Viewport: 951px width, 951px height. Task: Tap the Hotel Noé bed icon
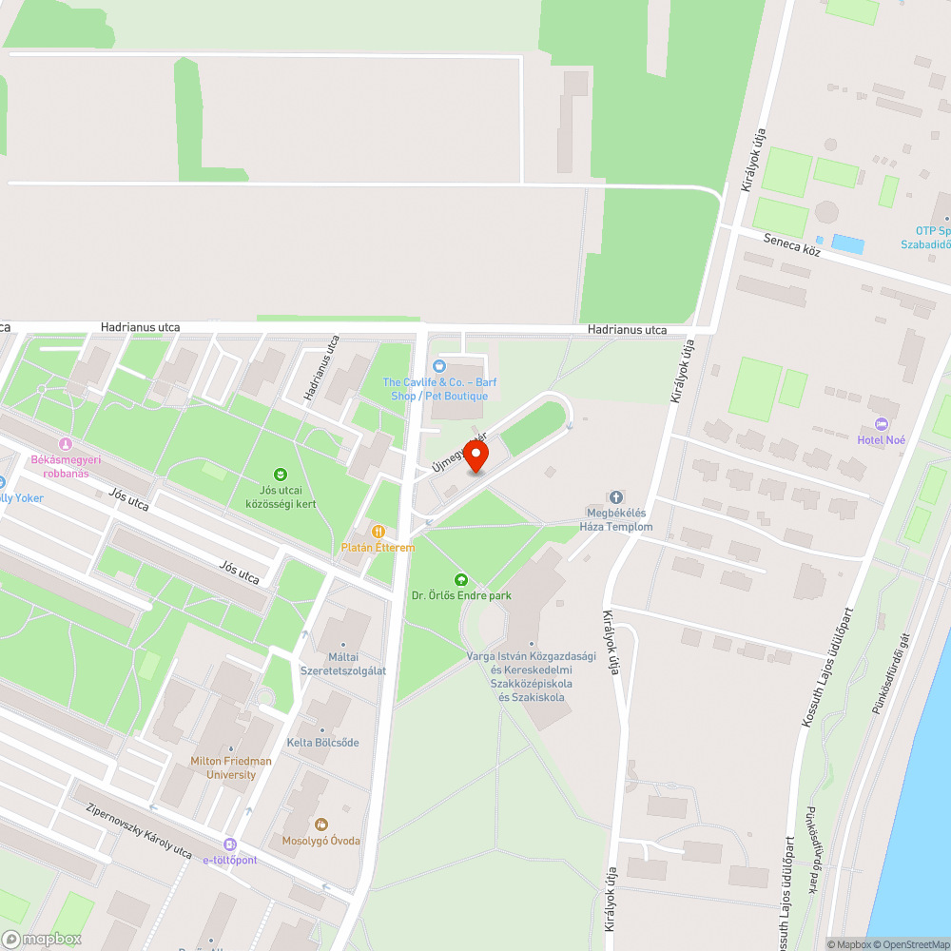881,423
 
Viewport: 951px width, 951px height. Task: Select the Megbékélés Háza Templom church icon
615,497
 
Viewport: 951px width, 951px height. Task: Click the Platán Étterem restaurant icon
378,532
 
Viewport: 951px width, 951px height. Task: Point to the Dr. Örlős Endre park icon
461,578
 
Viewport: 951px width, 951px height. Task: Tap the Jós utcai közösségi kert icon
281,474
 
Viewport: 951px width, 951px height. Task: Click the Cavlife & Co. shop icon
438,366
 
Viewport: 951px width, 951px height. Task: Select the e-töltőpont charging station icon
230,844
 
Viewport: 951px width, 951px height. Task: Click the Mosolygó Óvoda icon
321,824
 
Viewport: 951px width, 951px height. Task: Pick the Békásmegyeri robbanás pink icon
66,443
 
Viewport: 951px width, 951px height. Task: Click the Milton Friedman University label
231,767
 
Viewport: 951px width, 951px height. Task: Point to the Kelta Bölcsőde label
323,742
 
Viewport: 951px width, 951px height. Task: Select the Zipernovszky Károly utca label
139,829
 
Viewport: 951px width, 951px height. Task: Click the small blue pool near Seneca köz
847,244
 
